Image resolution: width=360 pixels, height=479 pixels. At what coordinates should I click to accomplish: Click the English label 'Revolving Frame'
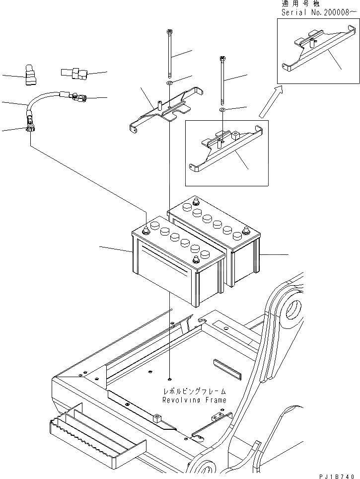tap(194, 399)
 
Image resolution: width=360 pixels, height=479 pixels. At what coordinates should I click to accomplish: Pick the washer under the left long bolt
tap(170, 82)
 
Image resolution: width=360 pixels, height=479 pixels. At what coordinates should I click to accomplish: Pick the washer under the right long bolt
tap(222, 108)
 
